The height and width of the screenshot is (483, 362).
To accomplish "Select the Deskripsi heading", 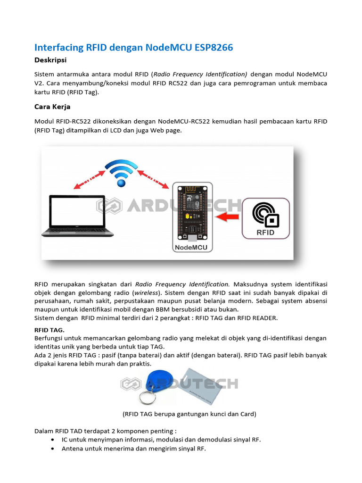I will (50, 60).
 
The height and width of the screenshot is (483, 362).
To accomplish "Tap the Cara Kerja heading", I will (52, 107).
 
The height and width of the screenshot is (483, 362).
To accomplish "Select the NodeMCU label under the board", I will (192, 247).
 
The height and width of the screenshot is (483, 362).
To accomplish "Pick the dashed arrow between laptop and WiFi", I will (88, 180).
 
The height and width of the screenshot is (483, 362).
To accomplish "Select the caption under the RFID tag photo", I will (189, 414).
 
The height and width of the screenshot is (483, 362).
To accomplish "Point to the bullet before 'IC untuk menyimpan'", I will (51, 440).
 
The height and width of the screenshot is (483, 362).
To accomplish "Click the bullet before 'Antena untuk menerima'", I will (51, 449).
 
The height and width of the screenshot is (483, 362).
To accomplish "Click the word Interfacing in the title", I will (59, 48).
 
